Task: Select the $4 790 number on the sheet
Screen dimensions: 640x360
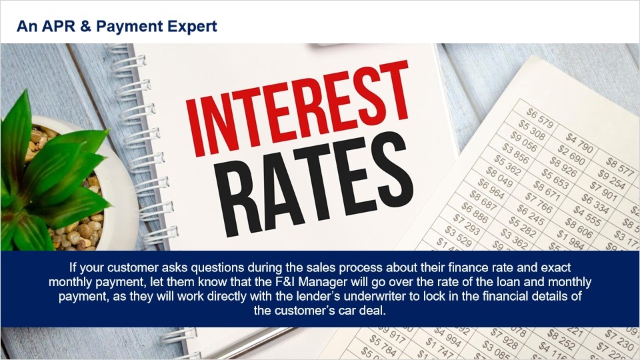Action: tap(579, 143)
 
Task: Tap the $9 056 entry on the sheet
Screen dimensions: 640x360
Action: tap(524, 141)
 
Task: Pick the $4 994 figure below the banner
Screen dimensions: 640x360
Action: tap(447, 337)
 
